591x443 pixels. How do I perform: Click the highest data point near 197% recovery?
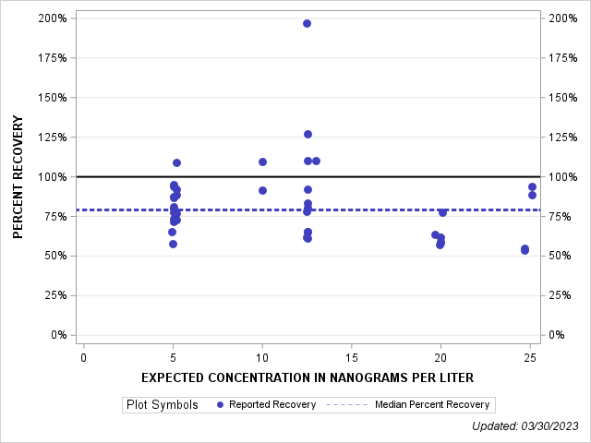point(307,23)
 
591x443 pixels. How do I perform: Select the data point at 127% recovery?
point(308,134)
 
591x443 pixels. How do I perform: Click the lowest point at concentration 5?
point(173,244)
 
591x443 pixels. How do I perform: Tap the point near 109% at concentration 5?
point(176,162)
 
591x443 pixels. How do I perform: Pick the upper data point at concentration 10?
point(262,162)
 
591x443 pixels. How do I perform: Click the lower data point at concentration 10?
point(262,190)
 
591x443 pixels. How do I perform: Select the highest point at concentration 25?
point(532,186)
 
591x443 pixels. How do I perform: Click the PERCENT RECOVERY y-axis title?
point(18,177)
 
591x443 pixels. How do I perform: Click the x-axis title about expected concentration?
point(308,377)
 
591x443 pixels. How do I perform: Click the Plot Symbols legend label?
point(162,404)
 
